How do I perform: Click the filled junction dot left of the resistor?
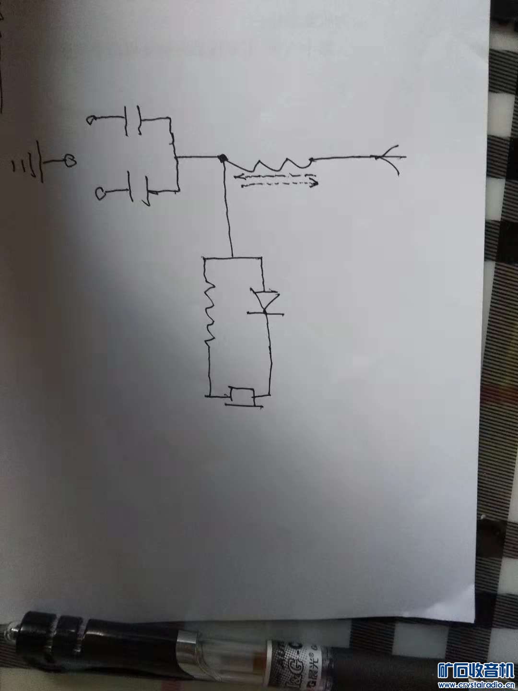pyautogui.click(x=222, y=158)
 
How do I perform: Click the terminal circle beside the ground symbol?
pyautogui.click(x=70, y=161)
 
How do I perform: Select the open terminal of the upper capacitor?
pyautogui.click(x=91, y=120)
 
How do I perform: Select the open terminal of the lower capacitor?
pyautogui.click(x=101, y=194)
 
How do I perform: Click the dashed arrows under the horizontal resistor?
pyautogui.click(x=275, y=179)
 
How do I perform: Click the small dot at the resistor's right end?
pyautogui.click(x=312, y=160)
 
